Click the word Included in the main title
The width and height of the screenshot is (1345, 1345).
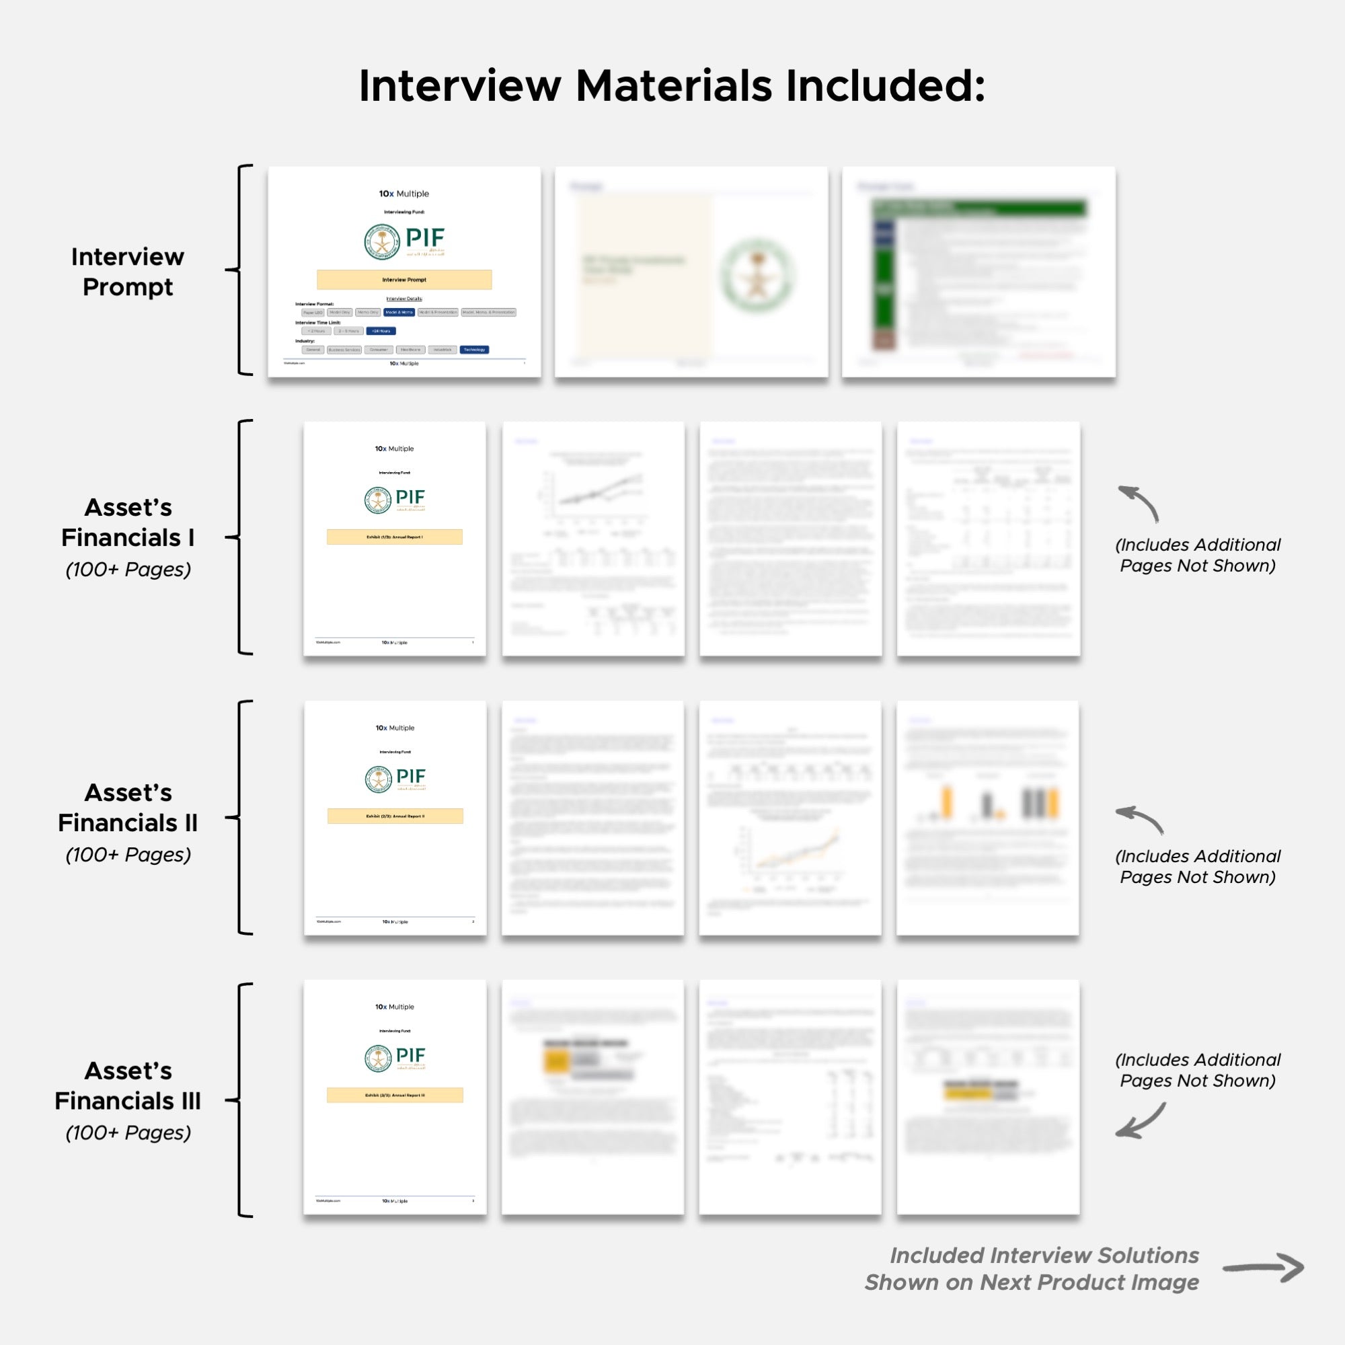885,86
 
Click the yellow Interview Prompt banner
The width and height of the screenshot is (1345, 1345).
403,279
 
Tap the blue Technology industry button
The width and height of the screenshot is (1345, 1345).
474,350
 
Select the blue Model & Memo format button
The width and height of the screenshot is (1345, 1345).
399,312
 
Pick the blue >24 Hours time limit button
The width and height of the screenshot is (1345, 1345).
381,331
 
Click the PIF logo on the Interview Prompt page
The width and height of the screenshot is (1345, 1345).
403,241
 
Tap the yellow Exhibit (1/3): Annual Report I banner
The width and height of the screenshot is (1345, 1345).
394,537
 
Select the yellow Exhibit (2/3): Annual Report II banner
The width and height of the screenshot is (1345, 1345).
395,816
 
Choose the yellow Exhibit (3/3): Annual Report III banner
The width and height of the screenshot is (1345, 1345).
395,1095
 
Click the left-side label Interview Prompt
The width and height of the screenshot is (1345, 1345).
127,272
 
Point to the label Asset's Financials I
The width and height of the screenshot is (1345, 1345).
127,523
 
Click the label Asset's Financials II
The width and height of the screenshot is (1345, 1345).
127,808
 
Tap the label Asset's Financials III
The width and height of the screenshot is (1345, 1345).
127,1085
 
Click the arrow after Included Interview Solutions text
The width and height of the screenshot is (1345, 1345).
1263,1268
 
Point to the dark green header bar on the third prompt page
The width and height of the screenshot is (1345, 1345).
978,207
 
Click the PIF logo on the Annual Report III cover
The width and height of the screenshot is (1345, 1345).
395,1057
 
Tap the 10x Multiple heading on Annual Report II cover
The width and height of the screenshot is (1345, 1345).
395,728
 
